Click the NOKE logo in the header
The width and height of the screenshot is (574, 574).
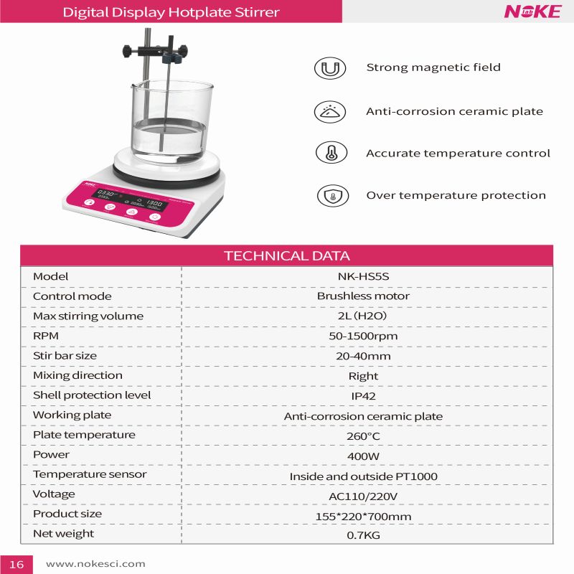point(532,11)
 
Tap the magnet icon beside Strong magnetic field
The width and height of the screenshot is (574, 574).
point(330,68)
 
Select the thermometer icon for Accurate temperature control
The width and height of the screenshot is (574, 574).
point(331,153)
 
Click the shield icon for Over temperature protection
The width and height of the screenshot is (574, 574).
point(332,195)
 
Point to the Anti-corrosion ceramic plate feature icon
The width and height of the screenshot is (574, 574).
point(330,111)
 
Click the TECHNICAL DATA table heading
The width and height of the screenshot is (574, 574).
point(287,256)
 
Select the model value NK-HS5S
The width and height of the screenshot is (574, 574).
point(363,276)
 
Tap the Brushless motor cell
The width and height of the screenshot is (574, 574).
point(363,296)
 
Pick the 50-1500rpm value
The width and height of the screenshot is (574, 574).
point(363,336)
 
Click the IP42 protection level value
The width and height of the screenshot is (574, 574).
point(363,396)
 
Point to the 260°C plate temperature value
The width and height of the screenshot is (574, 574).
point(363,436)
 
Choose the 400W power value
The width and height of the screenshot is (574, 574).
point(363,456)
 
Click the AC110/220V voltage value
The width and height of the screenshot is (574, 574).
point(363,496)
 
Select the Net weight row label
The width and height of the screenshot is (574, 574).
point(63,534)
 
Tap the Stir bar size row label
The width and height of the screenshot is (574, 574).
point(65,355)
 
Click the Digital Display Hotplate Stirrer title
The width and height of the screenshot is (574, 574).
point(171,12)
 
